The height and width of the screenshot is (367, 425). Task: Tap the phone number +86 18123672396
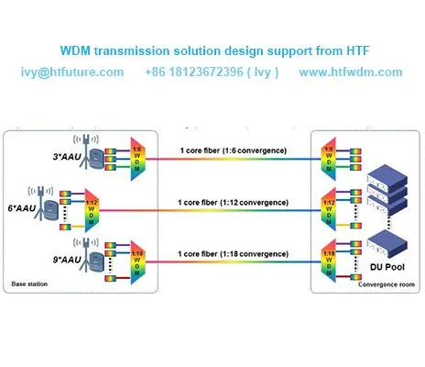[212, 72]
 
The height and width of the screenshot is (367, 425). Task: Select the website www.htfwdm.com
[351, 72]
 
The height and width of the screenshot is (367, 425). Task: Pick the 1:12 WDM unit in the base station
[90, 211]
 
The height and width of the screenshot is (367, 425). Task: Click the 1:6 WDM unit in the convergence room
[328, 157]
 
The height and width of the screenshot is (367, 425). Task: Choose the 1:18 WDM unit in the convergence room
[328, 261]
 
